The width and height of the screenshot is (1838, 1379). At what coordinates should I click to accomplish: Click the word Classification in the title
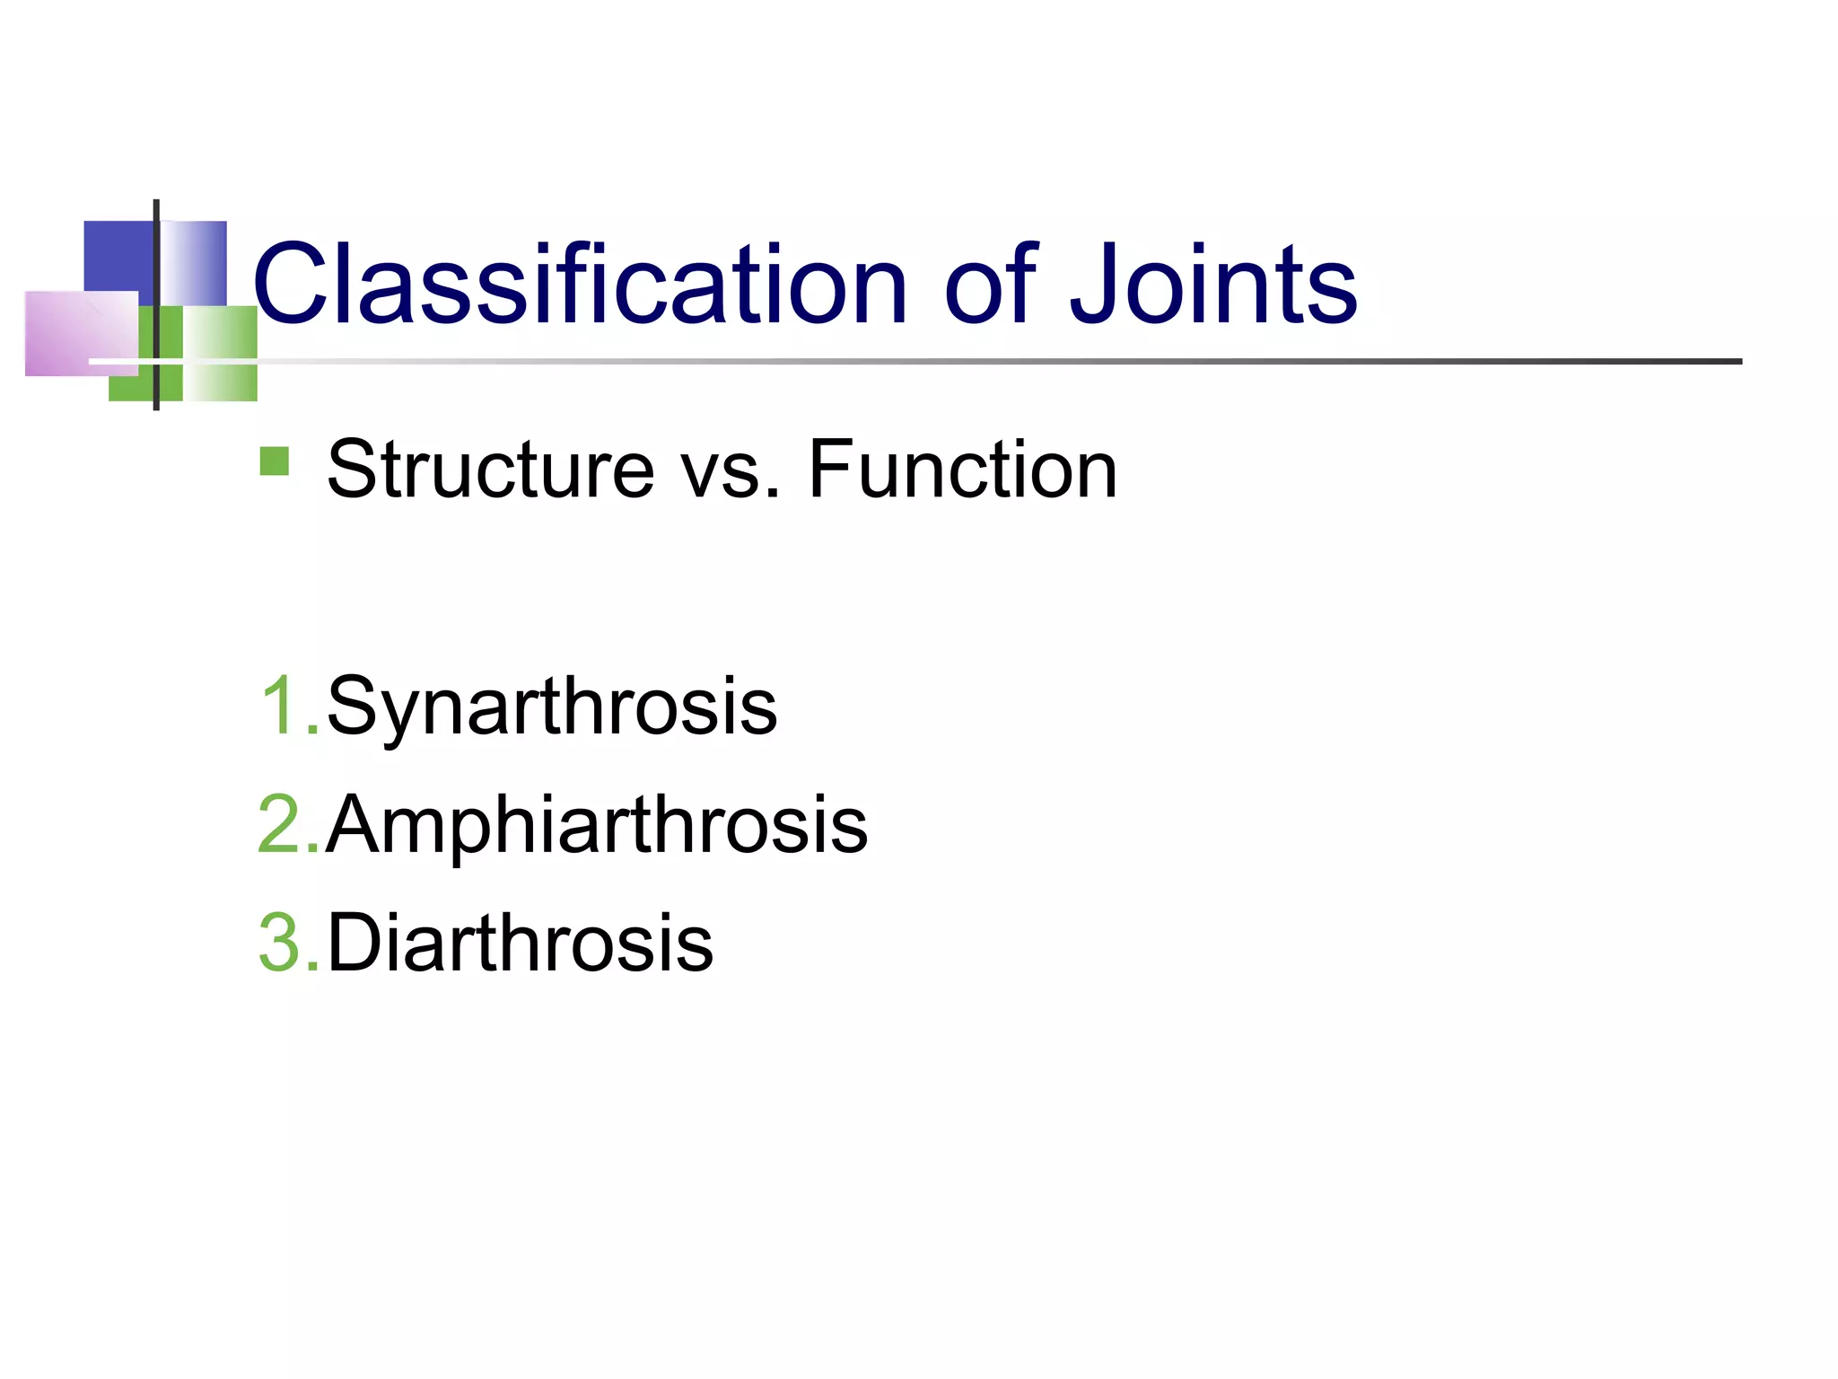point(580,285)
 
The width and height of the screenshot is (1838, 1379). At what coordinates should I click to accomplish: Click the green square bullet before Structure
point(275,461)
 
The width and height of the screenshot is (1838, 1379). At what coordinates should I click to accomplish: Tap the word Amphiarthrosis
point(597,826)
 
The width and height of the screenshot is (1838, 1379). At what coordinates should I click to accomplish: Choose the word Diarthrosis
point(520,943)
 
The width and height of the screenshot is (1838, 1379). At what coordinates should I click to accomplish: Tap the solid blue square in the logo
point(118,255)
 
